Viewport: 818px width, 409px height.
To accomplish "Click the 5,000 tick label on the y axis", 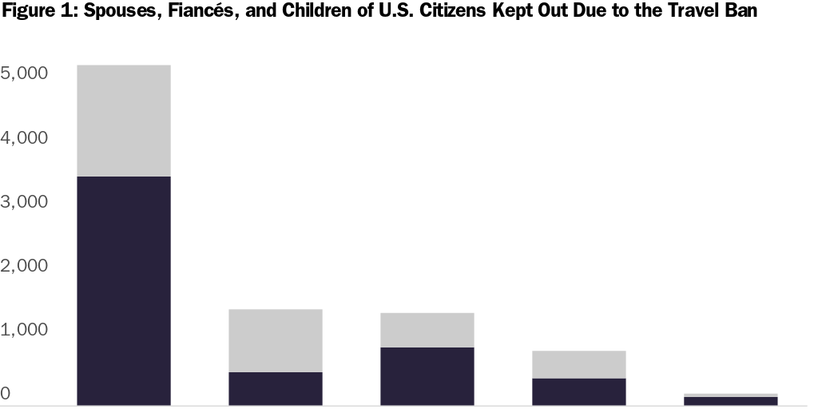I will (x=26, y=73).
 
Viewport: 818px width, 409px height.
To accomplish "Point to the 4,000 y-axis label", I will (x=26, y=138).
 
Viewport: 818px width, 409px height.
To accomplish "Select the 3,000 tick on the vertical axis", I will (x=26, y=202).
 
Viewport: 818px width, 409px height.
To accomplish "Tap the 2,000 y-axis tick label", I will (x=26, y=266).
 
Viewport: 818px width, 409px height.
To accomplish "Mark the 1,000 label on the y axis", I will (x=26, y=330).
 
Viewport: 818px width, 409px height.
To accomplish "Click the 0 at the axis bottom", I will (x=6, y=394).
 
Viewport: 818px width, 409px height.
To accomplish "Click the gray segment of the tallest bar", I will (x=123, y=121).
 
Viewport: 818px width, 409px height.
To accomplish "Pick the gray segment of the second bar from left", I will (x=275, y=340).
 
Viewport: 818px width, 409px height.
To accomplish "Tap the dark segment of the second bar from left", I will (x=275, y=388).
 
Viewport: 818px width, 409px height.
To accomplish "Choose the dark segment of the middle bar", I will (x=427, y=376).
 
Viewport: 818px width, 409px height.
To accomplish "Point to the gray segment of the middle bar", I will (x=427, y=330).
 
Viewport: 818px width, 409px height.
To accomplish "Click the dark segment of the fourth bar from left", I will (x=578, y=391).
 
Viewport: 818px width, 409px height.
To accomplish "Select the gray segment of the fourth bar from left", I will (x=578, y=364).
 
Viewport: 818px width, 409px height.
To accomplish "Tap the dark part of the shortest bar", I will (x=730, y=401).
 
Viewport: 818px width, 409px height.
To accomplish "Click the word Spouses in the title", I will (x=120, y=11).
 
